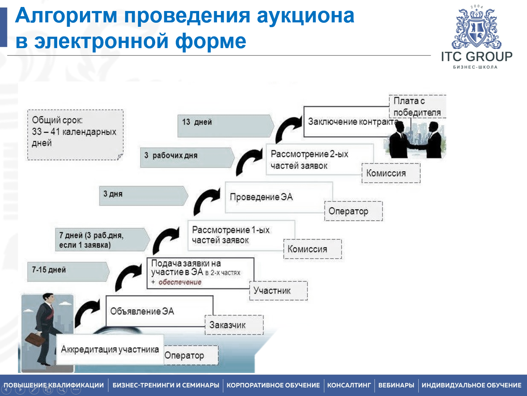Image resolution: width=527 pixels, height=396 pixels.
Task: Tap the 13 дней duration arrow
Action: click(x=225, y=126)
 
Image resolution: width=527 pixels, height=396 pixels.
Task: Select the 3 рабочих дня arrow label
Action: click(x=187, y=157)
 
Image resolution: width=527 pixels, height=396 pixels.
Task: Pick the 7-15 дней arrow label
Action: click(x=68, y=272)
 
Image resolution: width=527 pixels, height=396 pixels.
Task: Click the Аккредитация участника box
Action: click(x=110, y=349)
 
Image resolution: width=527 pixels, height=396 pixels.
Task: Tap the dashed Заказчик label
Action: click(x=234, y=325)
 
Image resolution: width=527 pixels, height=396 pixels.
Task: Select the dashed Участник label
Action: click(x=278, y=291)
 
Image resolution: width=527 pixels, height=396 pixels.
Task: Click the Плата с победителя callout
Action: click(x=417, y=106)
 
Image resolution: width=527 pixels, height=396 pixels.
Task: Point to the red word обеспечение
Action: click(x=180, y=282)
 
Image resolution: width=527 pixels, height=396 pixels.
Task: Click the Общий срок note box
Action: click(x=75, y=134)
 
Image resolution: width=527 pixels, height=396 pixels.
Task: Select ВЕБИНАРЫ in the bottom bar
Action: click(x=396, y=385)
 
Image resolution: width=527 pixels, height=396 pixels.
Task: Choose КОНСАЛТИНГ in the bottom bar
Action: click(x=349, y=385)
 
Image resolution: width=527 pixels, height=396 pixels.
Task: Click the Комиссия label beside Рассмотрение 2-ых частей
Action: click(x=391, y=173)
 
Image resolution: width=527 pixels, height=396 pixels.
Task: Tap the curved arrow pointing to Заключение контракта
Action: click(x=287, y=128)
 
